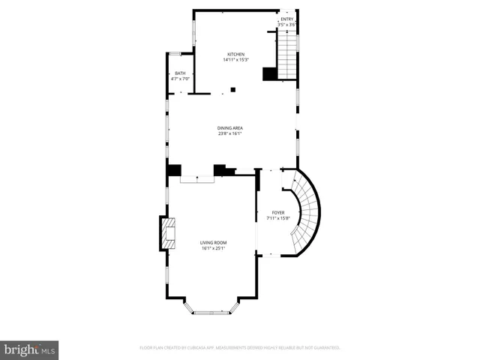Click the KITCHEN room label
pos(236,54)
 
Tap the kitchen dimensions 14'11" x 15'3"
pos(236,60)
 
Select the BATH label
pos(180,73)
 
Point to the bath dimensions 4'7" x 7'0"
pos(180,79)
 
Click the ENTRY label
pos(287,19)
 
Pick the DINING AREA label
pos(230,128)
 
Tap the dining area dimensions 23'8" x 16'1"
pos(230,134)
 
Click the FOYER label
pos(278,213)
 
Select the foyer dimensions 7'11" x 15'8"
pos(278,219)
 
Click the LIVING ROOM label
pos(213,243)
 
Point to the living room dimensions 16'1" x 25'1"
pos(213,249)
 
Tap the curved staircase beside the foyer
pos(304,214)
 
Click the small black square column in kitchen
pos(233,90)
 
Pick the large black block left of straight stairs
pos(269,73)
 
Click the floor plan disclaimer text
pos(240,348)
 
